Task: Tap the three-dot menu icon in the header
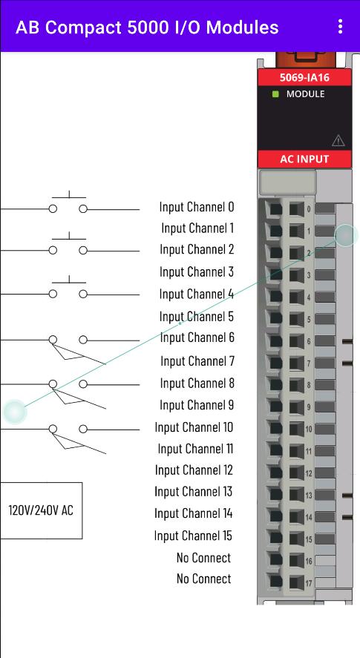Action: click(340, 27)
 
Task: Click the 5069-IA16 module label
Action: click(304, 78)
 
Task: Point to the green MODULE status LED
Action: click(275, 94)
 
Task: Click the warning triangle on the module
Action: click(338, 141)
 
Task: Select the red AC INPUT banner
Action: click(304, 159)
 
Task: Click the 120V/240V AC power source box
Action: click(41, 510)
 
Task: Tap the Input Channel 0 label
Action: click(197, 206)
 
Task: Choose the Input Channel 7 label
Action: click(197, 361)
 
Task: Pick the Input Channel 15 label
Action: click(193, 536)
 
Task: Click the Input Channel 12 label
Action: click(194, 470)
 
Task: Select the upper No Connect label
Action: click(203, 558)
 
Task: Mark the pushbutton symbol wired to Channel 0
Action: click(68, 203)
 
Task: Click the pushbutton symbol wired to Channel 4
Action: click(68, 288)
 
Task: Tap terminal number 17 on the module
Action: click(309, 583)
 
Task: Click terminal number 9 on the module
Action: click(309, 407)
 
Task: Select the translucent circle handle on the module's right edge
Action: click(346, 235)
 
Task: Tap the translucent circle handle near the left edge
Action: click(15, 412)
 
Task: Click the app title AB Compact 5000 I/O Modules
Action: click(147, 27)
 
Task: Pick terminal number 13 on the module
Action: click(309, 496)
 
